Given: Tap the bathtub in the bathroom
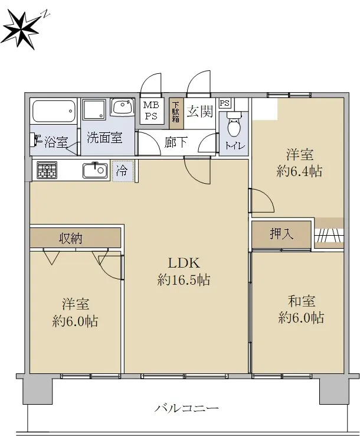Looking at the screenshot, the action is point(54,111).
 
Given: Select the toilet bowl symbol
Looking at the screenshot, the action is point(233,125).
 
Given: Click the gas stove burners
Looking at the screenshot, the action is point(47,170).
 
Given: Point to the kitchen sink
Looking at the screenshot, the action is point(95,171).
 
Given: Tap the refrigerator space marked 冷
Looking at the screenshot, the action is point(123,171).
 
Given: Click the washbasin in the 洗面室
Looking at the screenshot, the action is point(122,107).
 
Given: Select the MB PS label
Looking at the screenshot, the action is point(151,110).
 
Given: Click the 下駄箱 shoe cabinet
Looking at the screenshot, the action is point(176,113).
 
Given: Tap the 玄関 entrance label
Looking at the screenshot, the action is point(200,112).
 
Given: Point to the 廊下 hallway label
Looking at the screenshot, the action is point(176,142).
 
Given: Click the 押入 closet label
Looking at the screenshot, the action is point(282,234).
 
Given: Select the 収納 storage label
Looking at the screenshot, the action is point(71,238).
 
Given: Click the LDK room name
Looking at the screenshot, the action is point(184,263).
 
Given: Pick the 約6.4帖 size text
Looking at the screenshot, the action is point(299,171).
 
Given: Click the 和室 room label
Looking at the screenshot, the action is point(301,301).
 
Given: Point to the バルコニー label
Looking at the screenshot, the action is point(186,408).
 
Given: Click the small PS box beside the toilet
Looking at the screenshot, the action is point(224,103).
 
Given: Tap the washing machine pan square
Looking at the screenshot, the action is point(94,110).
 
